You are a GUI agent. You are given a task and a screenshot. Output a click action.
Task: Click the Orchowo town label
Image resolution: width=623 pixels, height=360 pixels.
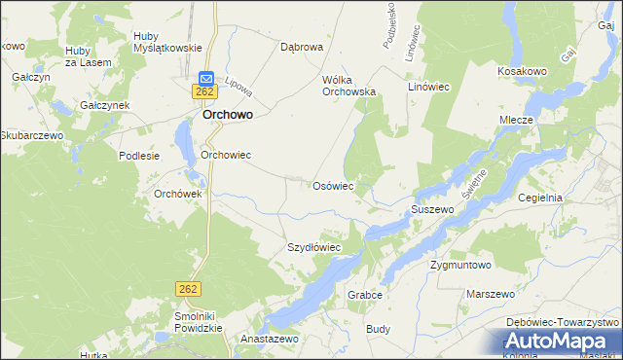[228, 114]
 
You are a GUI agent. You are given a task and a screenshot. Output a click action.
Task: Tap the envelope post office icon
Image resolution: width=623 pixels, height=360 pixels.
[206, 78]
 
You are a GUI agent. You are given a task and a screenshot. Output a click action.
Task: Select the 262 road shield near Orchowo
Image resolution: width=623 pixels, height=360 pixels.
[203, 91]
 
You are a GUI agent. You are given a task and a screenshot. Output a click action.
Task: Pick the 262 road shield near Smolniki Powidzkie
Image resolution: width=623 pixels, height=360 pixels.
[188, 288]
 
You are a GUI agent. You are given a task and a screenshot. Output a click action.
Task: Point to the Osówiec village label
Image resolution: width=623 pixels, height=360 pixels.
[332, 185]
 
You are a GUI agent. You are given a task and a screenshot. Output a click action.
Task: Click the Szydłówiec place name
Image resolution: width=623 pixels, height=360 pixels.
[313, 247]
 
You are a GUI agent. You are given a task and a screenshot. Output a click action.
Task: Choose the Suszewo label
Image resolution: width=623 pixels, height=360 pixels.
[433, 209]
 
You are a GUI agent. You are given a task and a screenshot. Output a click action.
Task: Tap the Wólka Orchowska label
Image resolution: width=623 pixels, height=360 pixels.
[348, 86]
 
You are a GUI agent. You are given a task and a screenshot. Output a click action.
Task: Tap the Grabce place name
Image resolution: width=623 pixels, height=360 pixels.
[362, 294]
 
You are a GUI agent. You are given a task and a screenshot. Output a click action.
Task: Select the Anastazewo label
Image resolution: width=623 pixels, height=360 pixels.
[275, 339]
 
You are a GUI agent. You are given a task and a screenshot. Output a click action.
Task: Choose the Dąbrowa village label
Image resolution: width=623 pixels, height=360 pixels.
[301, 46]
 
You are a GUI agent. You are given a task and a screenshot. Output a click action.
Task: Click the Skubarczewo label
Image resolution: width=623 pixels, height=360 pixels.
[32, 135]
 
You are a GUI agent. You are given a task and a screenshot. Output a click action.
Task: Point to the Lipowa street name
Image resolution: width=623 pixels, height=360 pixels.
[238, 88]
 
